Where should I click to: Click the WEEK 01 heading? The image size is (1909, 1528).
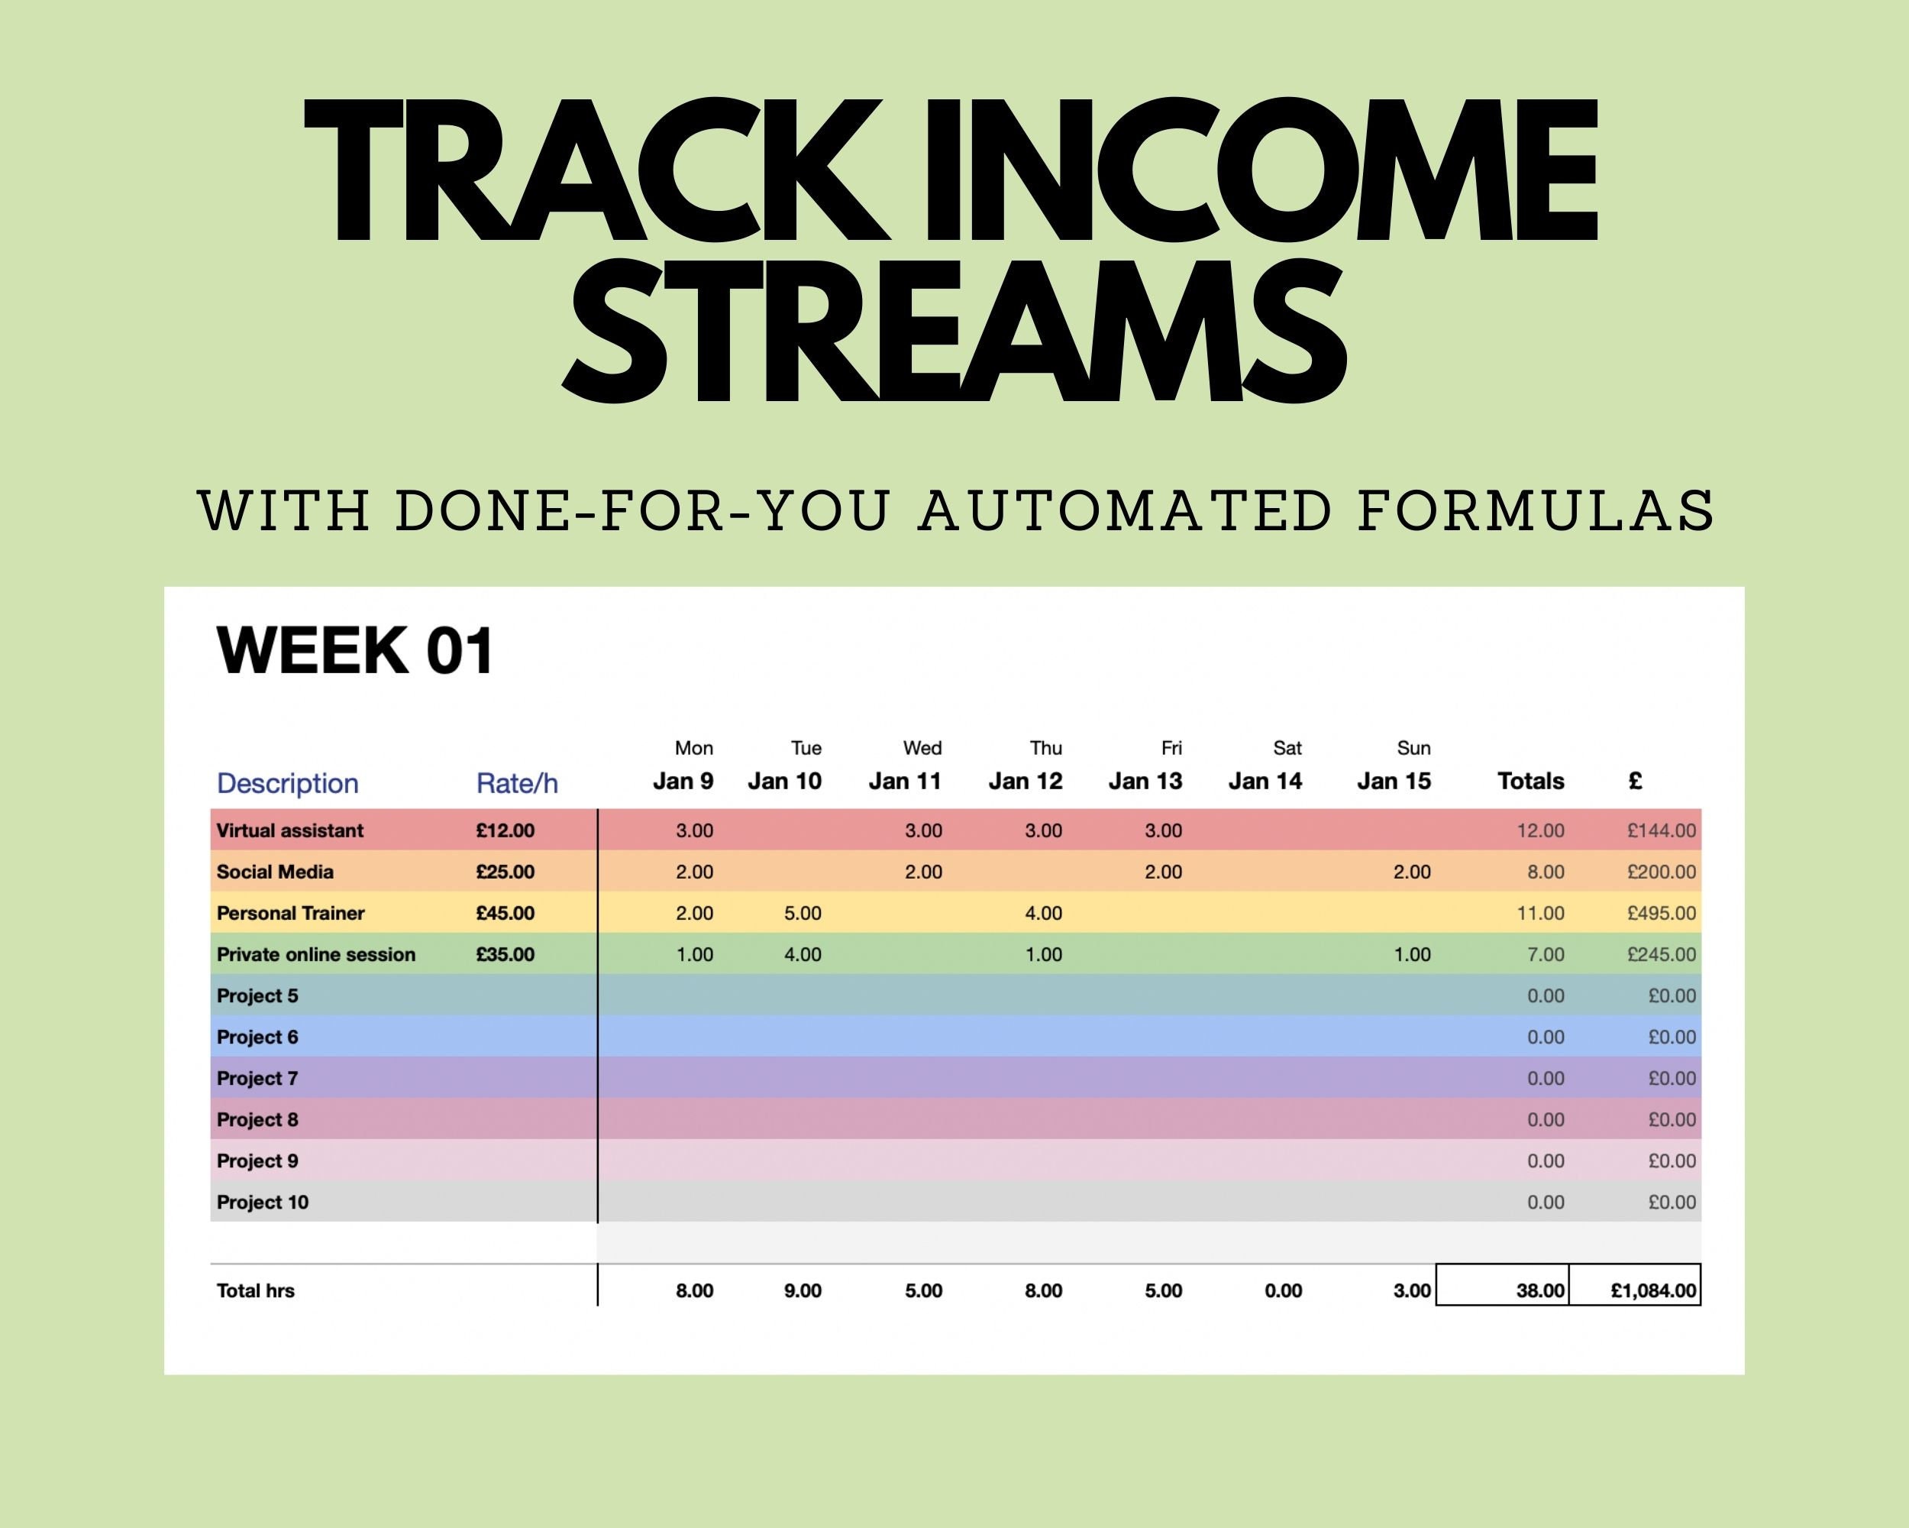(x=354, y=651)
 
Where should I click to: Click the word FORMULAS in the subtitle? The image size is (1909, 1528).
(x=1536, y=511)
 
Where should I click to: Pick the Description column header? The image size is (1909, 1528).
(x=288, y=783)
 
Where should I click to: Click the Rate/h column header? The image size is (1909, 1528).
(x=517, y=783)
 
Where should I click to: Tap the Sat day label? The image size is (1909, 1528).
(x=1287, y=748)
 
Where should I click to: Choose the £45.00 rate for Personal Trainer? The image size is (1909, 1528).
(x=505, y=913)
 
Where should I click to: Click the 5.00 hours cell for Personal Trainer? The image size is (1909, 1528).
(x=803, y=913)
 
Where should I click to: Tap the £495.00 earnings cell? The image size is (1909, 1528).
(x=1661, y=913)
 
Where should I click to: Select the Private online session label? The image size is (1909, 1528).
(x=315, y=955)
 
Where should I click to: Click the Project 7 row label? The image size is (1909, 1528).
(x=257, y=1079)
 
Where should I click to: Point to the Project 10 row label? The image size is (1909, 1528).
(x=262, y=1203)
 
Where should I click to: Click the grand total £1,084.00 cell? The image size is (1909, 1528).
(x=1652, y=1290)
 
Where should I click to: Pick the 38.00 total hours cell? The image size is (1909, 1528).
(x=1539, y=1290)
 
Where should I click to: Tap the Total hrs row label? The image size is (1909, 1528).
(x=255, y=1290)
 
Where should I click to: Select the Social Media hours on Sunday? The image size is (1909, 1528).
(x=1411, y=872)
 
